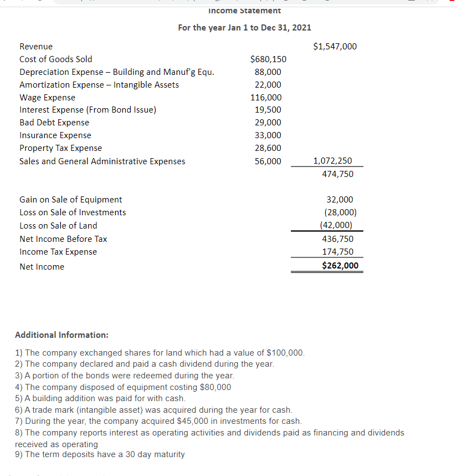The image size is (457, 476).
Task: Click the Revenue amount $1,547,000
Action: tap(335, 47)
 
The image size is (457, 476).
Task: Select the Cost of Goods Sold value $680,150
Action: tap(268, 59)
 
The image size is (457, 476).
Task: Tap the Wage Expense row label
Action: tap(47, 98)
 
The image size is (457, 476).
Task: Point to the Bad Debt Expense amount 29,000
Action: tap(268, 123)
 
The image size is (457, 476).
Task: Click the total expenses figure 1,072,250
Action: tap(332, 161)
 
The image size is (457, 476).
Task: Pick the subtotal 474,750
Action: tap(337, 174)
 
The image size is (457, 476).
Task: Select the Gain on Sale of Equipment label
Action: tap(71, 200)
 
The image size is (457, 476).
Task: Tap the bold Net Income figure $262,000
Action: tap(340, 266)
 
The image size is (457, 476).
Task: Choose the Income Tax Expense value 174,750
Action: tap(337, 252)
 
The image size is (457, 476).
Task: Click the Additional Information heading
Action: tap(61, 335)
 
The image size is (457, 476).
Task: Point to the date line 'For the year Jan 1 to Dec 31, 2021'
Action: tap(244, 27)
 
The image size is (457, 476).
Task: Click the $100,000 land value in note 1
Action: tap(285, 353)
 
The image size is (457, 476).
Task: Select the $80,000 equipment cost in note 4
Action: tap(212, 387)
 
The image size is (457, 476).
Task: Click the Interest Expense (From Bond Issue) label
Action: tap(88, 110)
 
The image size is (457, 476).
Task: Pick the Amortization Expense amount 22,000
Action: tap(268, 85)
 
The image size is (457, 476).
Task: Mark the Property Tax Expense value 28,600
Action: tap(268, 148)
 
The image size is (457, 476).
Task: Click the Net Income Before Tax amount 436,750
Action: tap(337, 239)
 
